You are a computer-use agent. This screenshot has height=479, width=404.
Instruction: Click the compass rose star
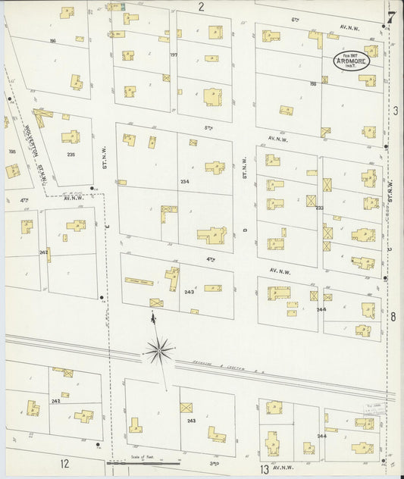click(x=159, y=349)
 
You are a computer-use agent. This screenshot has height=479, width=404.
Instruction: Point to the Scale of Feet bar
click(x=139, y=461)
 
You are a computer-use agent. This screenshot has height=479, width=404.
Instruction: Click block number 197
click(x=173, y=55)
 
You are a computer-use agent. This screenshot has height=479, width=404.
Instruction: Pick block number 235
click(x=70, y=155)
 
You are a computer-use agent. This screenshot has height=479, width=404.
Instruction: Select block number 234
click(x=184, y=182)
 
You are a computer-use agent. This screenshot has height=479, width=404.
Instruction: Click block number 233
click(x=319, y=207)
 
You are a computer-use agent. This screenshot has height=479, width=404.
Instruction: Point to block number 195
click(x=11, y=152)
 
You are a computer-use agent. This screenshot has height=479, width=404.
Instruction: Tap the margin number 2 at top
click(x=202, y=7)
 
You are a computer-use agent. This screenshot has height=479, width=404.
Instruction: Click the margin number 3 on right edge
click(x=396, y=111)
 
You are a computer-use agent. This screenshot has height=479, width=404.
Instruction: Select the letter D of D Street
click(x=245, y=229)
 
